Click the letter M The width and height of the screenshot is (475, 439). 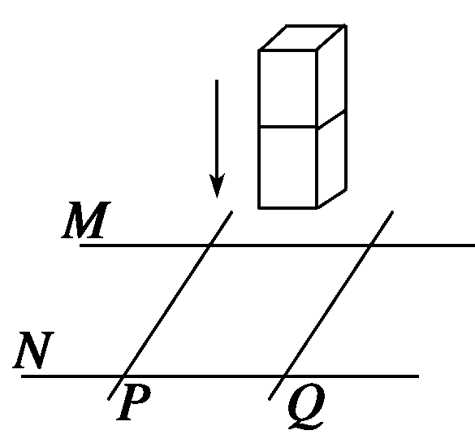pyautogui.click(x=86, y=219)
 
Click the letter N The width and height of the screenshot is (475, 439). pyautogui.click(x=33, y=350)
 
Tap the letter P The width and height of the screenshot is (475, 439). pyautogui.click(x=133, y=402)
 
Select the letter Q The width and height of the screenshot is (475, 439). pyautogui.click(x=306, y=406)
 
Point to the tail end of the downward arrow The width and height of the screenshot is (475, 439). pyautogui.click(x=217, y=80)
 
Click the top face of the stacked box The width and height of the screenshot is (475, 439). pyautogui.click(x=303, y=37)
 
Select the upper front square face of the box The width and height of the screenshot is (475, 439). pyautogui.click(x=287, y=89)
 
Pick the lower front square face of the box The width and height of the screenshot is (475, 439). pyautogui.click(x=287, y=167)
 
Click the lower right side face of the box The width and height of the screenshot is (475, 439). pyautogui.click(x=331, y=159)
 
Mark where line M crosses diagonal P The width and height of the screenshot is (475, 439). pyautogui.click(x=209, y=246)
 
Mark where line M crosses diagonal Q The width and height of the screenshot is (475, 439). pyautogui.click(x=371, y=246)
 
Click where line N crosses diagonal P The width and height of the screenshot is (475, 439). pyautogui.click(x=123, y=376)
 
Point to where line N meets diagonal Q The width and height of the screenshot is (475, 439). pyautogui.click(x=284, y=376)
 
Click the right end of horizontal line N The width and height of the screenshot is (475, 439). pyautogui.click(x=418, y=376)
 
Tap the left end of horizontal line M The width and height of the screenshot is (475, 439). pyautogui.click(x=80, y=246)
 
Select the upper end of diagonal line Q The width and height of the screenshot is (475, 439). pyautogui.click(x=392, y=211)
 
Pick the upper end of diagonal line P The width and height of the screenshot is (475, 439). pyautogui.click(x=231, y=211)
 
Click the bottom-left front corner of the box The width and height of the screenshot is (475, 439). pyautogui.click(x=259, y=208)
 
